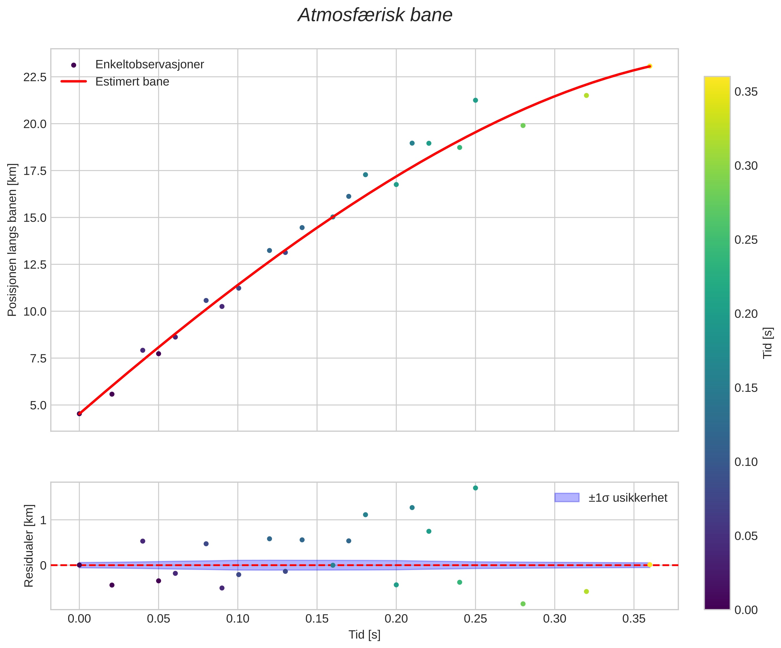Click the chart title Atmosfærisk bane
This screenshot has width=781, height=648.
pos(375,16)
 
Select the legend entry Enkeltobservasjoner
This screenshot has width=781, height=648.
pos(149,65)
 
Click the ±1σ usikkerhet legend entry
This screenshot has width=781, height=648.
pos(628,498)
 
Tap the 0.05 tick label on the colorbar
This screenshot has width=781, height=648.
pos(746,536)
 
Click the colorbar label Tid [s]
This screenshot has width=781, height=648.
pos(768,343)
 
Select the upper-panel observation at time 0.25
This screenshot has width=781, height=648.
pos(475,100)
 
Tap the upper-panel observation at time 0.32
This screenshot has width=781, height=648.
pos(587,95)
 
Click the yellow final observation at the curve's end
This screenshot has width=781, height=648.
pos(649,66)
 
